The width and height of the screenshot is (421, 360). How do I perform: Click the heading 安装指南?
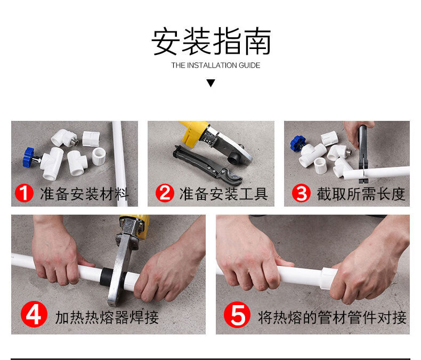pyautogui.click(x=211, y=41)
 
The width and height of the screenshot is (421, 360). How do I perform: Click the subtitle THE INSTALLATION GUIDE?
pyautogui.click(x=216, y=66)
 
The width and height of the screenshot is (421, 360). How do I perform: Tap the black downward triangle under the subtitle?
pyautogui.click(x=211, y=83)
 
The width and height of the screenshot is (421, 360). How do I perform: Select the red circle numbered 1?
pyautogui.click(x=24, y=193)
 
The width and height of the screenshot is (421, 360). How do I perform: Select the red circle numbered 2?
pyautogui.click(x=165, y=193)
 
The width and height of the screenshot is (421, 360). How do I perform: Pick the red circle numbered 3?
pyautogui.click(x=301, y=193)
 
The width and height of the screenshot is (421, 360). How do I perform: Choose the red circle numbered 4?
pyautogui.click(x=34, y=314)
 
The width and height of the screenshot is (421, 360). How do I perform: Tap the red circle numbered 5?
pyautogui.click(x=237, y=315)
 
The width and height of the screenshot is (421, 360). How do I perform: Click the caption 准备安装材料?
pyautogui.click(x=84, y=194)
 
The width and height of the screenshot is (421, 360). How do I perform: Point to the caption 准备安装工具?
pyautogui.click(x=224, y=194)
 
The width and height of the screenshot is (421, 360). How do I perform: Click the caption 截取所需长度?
pyautogui.click(x=361, y=194)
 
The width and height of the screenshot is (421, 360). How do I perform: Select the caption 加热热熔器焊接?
pyautogui.click(x=107, y=317)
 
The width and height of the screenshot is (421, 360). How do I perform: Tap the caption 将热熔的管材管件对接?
pyautogui.click(x=332, y=317)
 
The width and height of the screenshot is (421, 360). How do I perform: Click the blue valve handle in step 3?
pyautogui.click(x=297, y=143)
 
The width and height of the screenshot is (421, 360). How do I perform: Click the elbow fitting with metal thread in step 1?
pyautogui.click(x=64, y=138)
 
